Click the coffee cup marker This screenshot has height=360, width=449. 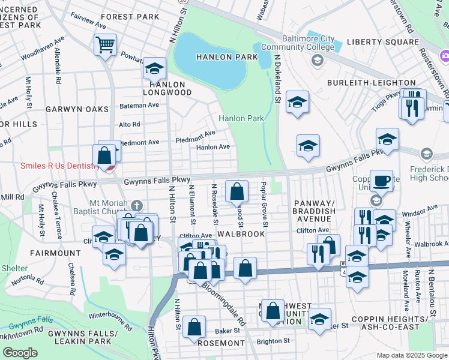(381, 180)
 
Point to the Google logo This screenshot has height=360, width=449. (20, 353)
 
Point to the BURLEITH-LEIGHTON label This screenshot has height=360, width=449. (371, 82)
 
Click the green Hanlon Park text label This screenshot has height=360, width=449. (241, 119)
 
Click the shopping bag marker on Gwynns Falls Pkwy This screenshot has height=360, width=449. (237, 191)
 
